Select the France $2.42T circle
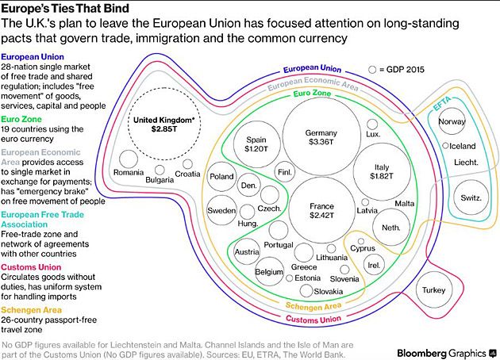(321, 210)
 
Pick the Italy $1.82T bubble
(384, 170)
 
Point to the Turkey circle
(434, 291)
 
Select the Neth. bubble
(390, 228)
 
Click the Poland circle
(221, 177)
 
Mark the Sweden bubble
(221, 211)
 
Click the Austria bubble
(248, 252)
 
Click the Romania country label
(129, 172)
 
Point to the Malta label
(405, 204)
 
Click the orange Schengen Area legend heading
(36, 309)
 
